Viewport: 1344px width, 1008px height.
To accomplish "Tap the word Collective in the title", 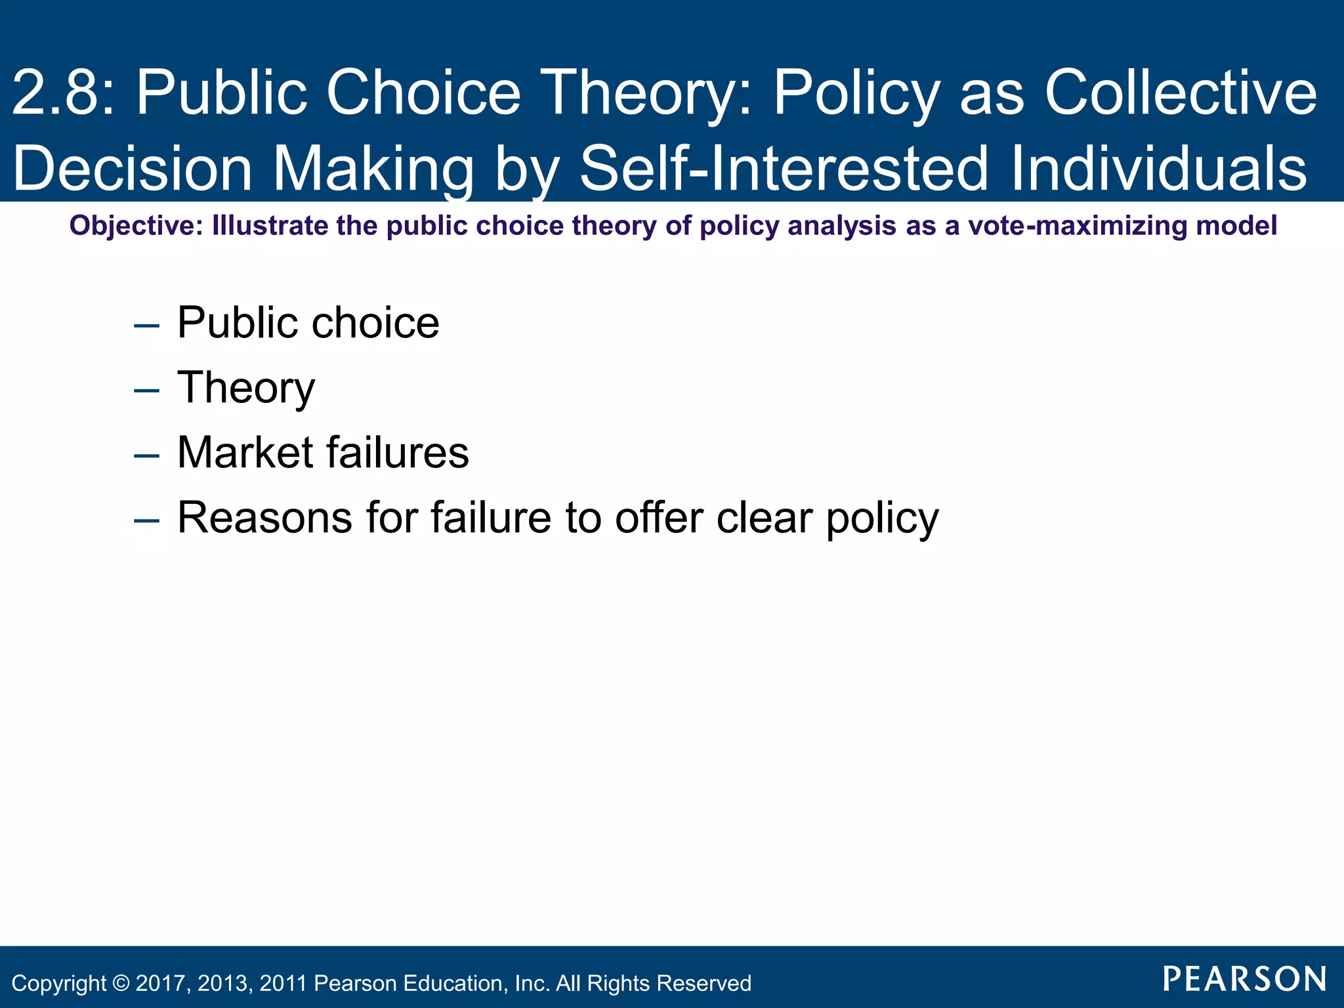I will (x=1181, y=93).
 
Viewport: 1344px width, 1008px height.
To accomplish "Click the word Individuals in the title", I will (x=1158, y=169).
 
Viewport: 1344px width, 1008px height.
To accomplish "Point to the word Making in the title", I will (x=372, y=169).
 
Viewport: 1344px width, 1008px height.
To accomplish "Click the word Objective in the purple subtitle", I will (x=136, y=226).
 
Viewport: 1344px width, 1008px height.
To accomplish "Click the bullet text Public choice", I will (x=308, y=323).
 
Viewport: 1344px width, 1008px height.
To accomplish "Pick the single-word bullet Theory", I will (x=246, y=388).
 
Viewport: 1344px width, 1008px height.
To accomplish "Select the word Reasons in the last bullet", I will (x=265, y=518).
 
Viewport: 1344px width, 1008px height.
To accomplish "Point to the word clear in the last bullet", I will (x=765, y=518).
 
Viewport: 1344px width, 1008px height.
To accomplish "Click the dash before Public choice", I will (x=146, y=325).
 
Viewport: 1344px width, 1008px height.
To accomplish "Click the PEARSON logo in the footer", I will (x=1244, y=979).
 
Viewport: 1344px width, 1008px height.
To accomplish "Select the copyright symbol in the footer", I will (x=121, y=983).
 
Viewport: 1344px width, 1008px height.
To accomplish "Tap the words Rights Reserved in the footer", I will (x=669, y=983).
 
